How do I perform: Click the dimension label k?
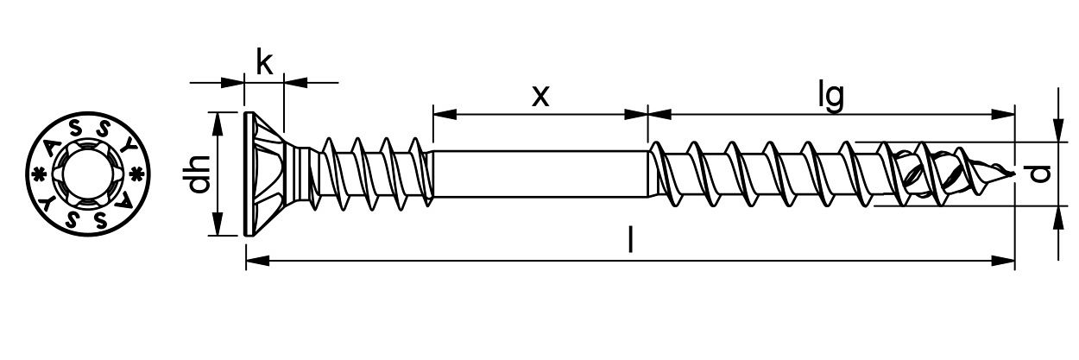[x=266, y=62]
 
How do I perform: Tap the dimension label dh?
[x=199, y=174]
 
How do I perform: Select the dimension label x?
[x=539, y=95]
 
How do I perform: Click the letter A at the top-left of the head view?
[x=52, y=142]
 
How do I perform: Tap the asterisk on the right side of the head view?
[x=136, y=174]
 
